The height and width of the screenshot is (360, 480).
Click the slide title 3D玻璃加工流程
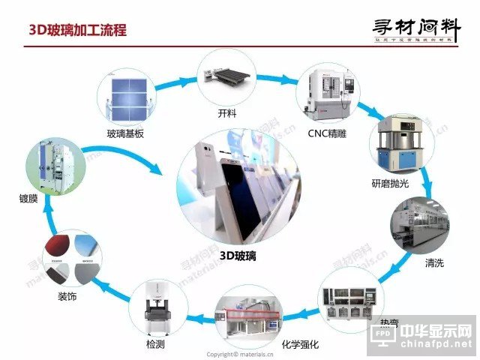77,30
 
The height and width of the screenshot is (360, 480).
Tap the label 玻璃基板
125,133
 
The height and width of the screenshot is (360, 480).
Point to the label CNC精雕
325,133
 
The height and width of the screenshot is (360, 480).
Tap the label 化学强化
300,344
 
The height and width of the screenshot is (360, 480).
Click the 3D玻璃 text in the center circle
238,255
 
